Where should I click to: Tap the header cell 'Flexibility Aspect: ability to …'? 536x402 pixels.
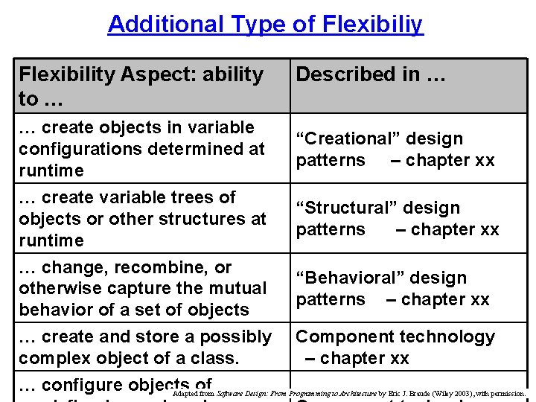[x=151, y=85]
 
